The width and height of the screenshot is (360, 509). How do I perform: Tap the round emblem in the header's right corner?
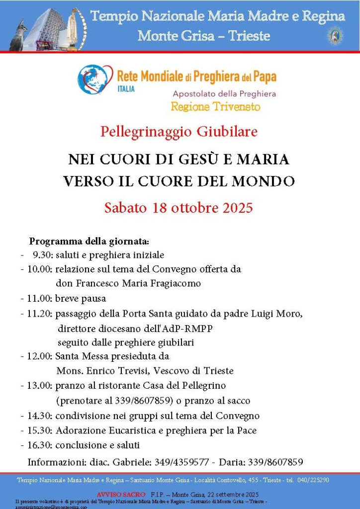click(335, 35)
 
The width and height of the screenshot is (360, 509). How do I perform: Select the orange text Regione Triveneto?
click(215, 106)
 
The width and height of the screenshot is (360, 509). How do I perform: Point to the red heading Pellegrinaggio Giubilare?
click(179, 132)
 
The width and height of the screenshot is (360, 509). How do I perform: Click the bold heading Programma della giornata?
click(89, 242)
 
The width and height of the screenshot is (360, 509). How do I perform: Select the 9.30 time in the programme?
click(42, 255)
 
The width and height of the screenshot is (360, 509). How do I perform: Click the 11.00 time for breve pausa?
click(36, 299)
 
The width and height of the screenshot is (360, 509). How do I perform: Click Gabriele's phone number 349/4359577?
click(181, 462)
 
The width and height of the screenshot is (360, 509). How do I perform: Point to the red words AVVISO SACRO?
click(121, 495)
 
